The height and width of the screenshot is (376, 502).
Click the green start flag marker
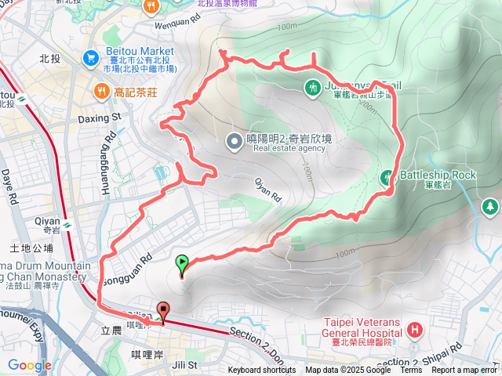pyautogui.click(x=183, y=264)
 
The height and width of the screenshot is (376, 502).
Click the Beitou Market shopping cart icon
pyautogui.click(x=92, y=58)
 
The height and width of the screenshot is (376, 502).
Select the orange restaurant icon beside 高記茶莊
pyautogui.click(x=101, y=92)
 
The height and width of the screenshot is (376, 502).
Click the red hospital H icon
pyautogui.click(x=414, y=332)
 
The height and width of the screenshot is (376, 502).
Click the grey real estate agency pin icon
pyautogui.click(x=234, y=142)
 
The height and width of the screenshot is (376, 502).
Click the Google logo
pyautogui.click(x=29, y=365)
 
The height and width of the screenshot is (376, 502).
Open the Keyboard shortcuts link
pyautogui.click(x=262, y=371)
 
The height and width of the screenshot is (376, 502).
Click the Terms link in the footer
pyautogui.click(x=411, y=371)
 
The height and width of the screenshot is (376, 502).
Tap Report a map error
pyautogui.click(x=464, y=371)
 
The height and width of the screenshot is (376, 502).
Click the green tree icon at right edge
pyautogui.click(x=490, y=206)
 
